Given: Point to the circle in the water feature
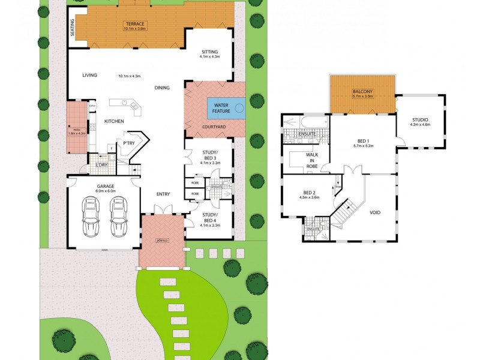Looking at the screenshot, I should pyautogui.click(x=239, y=109).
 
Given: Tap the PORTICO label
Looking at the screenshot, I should pyautogui.click(x=161, y=241).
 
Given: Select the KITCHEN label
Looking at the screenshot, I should pyautogui.click(x=114, y=121).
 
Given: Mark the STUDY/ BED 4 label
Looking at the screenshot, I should pyautogui.click(x=210, y=217).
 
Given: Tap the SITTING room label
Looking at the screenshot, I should pyautogui.click(x=209, y=52).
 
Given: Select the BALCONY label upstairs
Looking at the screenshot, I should pyautogui.click(x=362, y=92).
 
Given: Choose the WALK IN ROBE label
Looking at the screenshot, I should pyautogui.click(x=312, y=161).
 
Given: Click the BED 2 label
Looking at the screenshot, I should pyautogui.click(x=311, y=193).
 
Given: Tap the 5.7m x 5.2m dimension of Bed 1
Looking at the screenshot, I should pyautogui.click(x=362, y=146).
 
